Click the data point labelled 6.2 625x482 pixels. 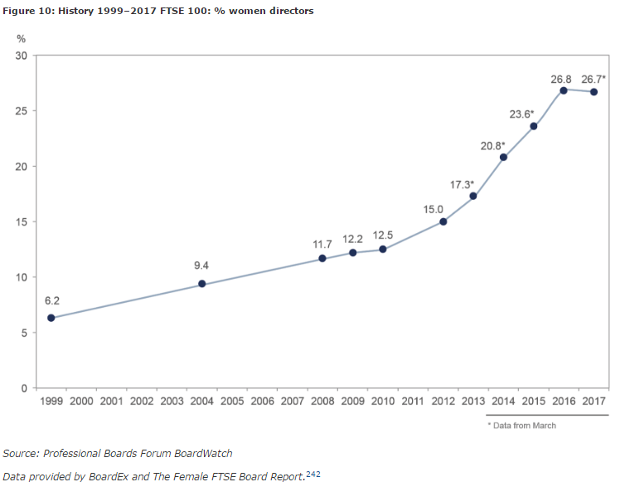[x=51, y=318]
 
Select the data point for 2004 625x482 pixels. [x=201, y=284]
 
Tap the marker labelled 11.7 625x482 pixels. [x=322, y=259]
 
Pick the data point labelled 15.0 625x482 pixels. [x=443, y=222]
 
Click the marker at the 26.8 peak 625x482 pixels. [x=564, y=90]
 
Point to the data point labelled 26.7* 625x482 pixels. [x=594, y=91]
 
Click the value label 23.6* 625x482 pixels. [x=521, y=114]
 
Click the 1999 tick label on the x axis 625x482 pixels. [x=51, y=402]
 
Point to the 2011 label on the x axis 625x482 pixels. [x=413, y=402]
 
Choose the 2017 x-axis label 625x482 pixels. [x=594, y=402]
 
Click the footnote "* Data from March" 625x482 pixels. [x=521, y=426]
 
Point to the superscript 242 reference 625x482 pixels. [x=312, y=474]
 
